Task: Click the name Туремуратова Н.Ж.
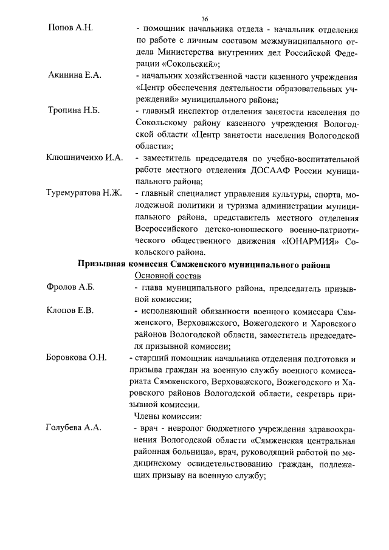(85, 193)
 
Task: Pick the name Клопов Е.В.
(70, 311)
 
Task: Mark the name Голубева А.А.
(74, 428)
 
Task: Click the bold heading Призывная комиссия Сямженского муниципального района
(204, 264)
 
